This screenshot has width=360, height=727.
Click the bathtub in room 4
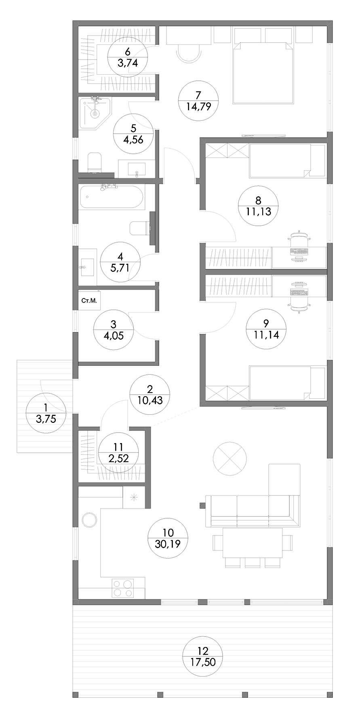point(111,197)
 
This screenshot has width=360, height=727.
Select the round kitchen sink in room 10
point(89,519)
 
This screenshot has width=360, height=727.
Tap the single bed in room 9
point(287,382)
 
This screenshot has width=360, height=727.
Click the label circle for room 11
point(118,452)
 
